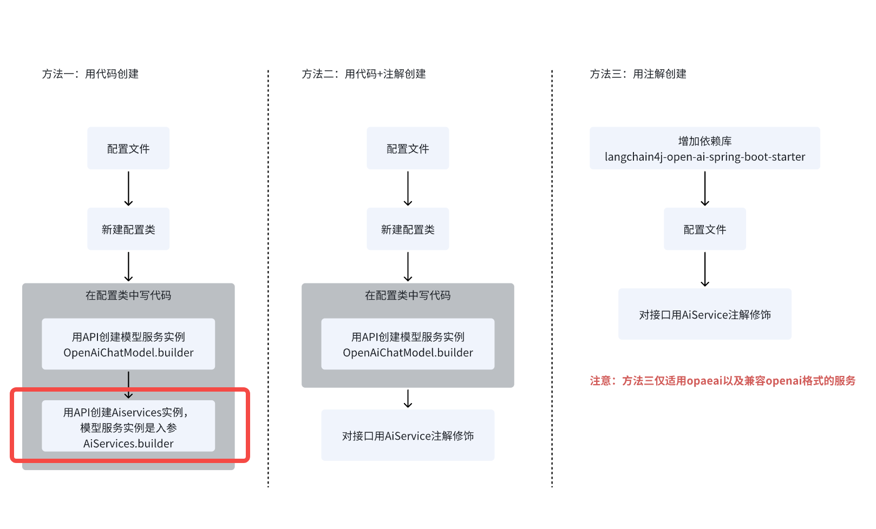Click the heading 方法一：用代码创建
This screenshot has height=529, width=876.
tap(90, 74)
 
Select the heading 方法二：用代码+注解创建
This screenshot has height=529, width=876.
tap(364, 74)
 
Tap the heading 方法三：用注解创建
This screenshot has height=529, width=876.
tap(638, 74)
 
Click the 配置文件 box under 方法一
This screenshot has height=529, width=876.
tap(128, 149)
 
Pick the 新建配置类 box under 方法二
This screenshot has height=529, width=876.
tap(408, 229)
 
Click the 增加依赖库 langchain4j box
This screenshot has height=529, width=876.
tap(704, 149)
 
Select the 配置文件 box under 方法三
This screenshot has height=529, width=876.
tap(704, 229)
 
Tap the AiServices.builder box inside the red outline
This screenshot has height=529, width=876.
tap(128, 427)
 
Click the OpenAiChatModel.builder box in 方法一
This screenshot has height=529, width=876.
tap(128, 345)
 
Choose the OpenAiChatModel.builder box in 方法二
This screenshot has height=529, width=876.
tap(408, 345)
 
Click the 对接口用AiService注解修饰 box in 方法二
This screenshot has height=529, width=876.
tap(408, 435)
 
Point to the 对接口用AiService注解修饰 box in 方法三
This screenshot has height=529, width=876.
tap(704, 314)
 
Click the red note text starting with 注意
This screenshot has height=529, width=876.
tap(722, 381)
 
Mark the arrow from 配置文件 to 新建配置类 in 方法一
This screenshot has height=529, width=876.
tap(128, 189)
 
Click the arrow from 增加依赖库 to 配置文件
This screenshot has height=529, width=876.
tap(704, 189)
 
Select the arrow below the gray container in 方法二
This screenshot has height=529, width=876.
tap(408, 399)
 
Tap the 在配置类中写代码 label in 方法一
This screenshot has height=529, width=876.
tap(128, 295)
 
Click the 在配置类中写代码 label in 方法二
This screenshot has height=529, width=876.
tap(408, 295)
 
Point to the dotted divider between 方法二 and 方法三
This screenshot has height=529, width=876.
tap(552, 270)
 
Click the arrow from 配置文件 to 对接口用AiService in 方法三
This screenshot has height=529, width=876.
tap(704, 269)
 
